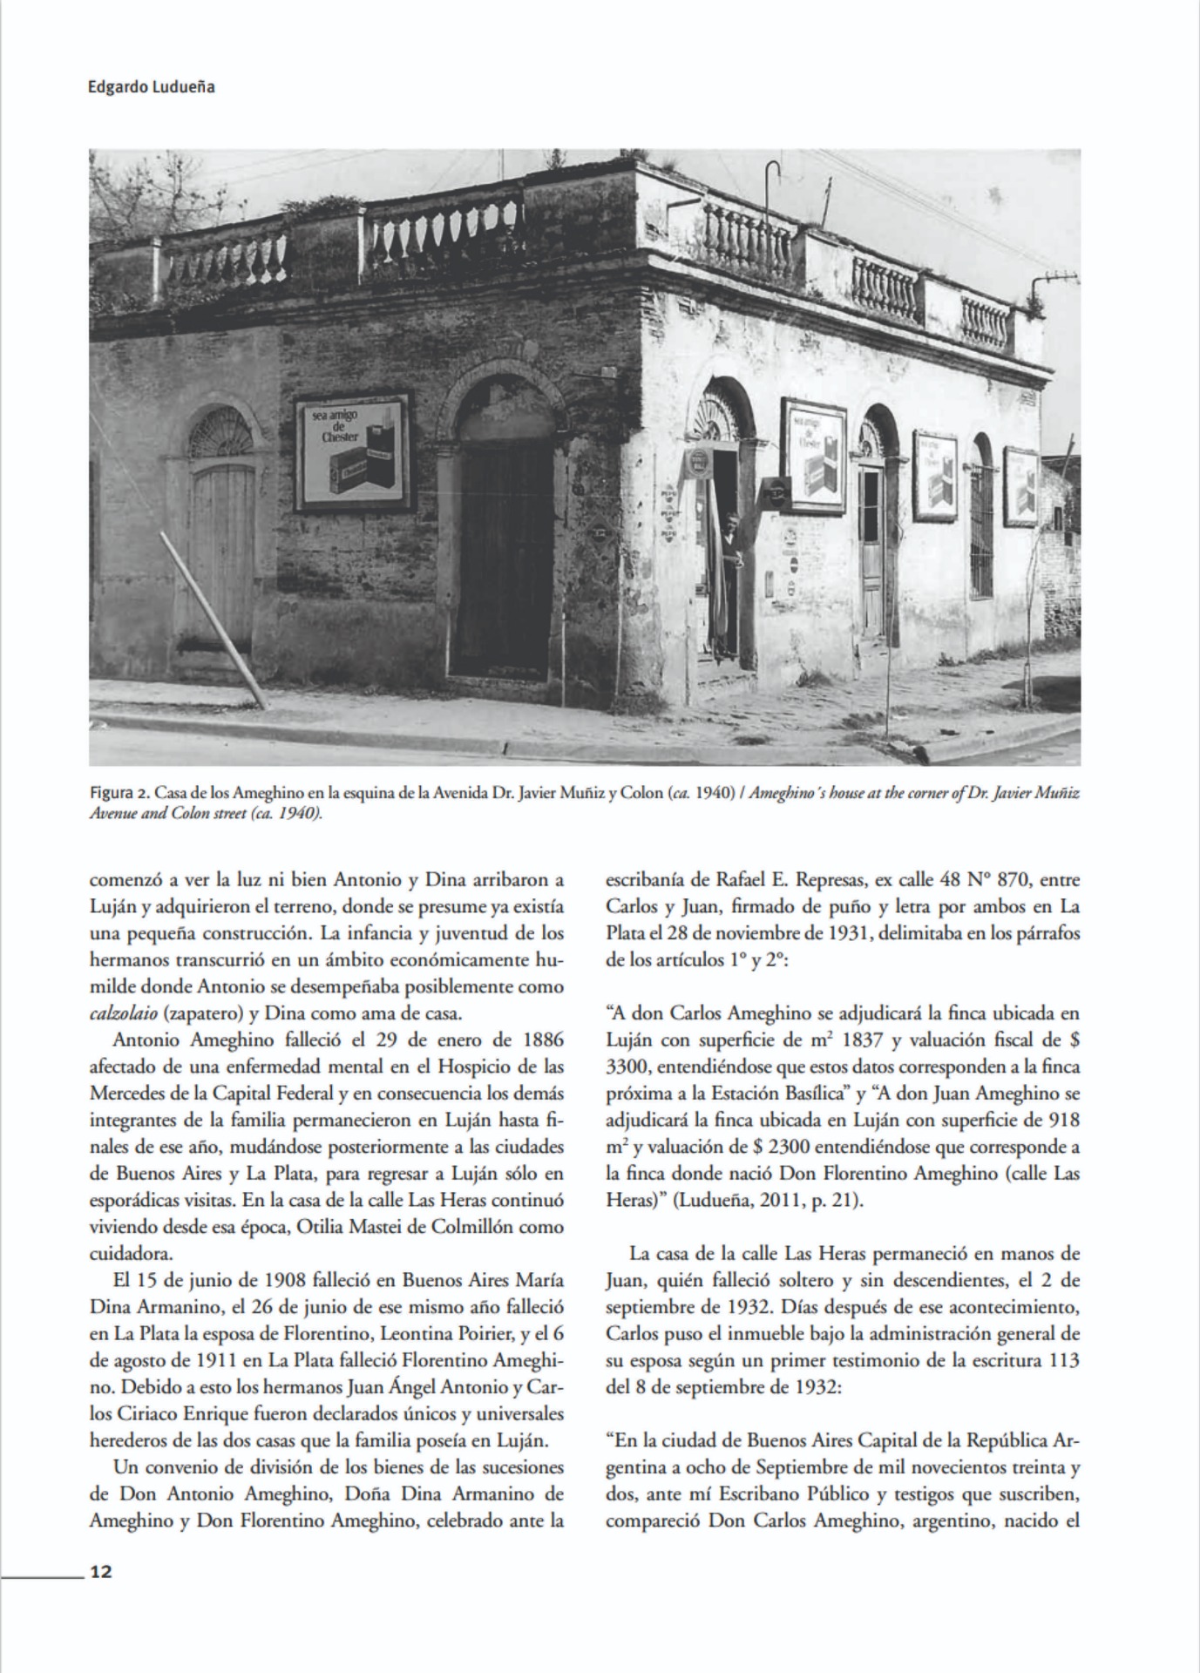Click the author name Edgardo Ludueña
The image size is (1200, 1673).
(x=152, y=87)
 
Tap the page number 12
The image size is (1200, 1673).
(x=101, y=1570)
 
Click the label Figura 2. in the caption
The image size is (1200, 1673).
(x=119, y=795)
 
